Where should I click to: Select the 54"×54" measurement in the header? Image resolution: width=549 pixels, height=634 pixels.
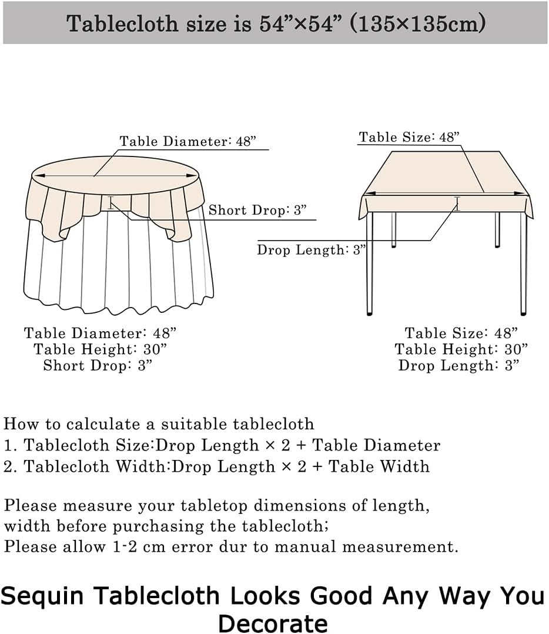302,24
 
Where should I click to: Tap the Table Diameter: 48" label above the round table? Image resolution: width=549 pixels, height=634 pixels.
188,142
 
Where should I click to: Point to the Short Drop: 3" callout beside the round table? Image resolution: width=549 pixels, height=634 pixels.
258,211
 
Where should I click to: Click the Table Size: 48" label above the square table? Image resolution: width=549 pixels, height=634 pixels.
409,138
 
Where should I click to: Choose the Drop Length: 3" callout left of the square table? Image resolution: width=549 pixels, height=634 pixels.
311,249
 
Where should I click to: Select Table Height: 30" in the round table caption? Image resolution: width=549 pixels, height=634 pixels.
101,349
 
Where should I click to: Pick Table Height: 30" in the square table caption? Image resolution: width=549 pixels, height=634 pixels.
461,349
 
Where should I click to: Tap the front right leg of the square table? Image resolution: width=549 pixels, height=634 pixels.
523,265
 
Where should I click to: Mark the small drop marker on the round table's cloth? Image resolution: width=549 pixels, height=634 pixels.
111,205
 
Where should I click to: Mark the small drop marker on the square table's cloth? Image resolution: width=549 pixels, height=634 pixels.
457,203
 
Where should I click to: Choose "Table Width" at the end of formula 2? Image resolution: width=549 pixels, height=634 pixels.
379,466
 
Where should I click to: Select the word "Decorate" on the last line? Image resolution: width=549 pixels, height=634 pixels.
273,622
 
